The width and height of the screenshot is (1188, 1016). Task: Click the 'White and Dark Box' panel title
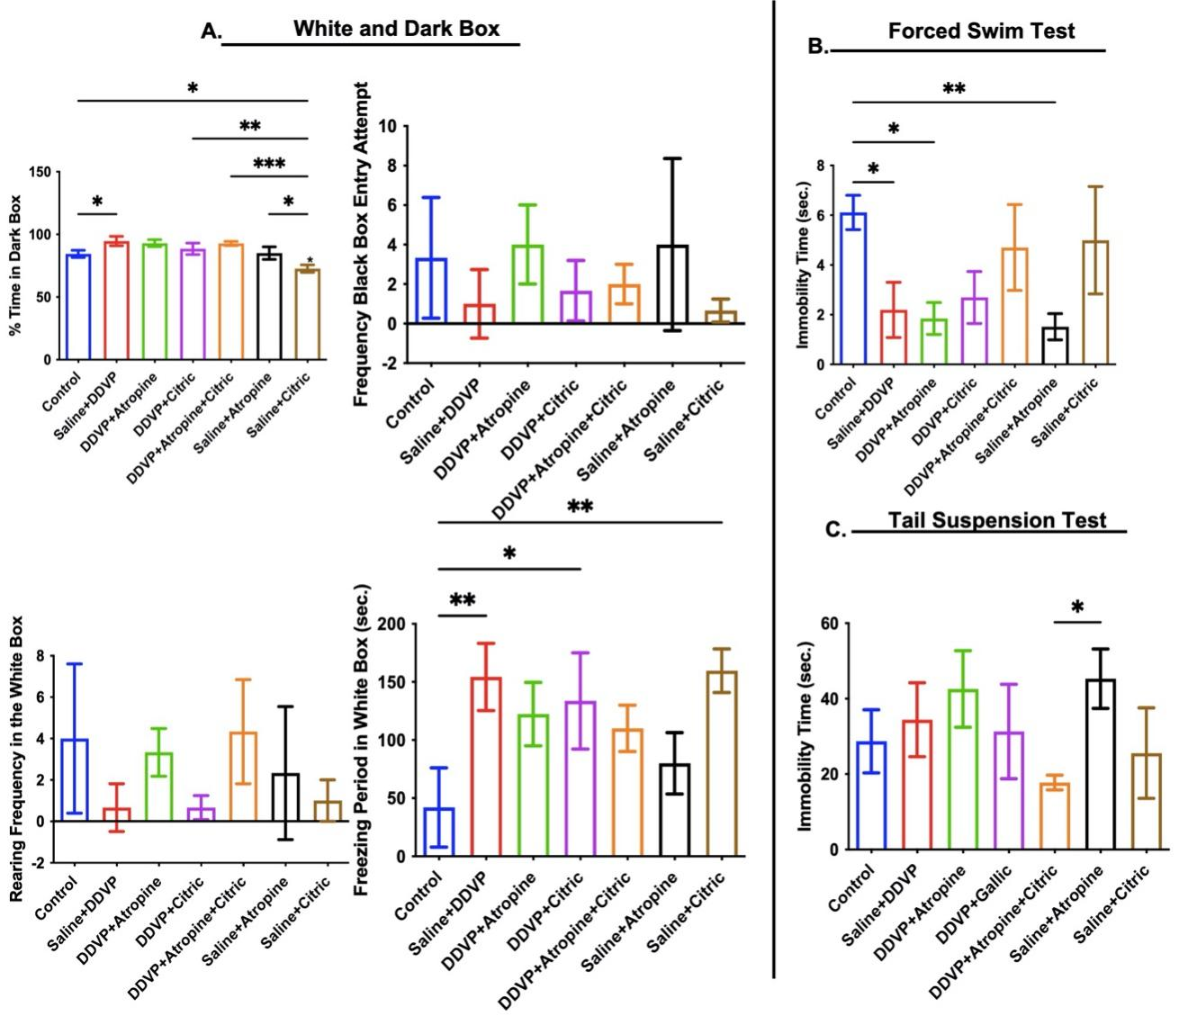396,28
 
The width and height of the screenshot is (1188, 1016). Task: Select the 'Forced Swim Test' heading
981,31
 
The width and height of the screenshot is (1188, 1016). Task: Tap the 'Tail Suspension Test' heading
996,520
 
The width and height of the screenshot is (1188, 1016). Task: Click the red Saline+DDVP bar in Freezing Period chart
486,765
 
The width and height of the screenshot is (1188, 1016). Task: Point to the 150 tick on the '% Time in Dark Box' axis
40,171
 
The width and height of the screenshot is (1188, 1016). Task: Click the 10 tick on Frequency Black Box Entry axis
386,126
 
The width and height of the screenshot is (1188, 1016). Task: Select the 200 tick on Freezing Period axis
392,624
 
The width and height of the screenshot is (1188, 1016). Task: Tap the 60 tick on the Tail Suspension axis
829,624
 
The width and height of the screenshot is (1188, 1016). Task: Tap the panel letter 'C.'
835,530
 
